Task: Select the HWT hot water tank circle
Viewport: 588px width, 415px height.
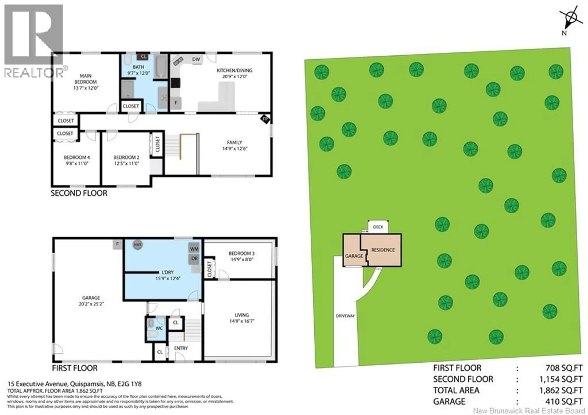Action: [x=138, y=245]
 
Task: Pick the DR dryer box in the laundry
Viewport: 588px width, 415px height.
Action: [x=194, y=259]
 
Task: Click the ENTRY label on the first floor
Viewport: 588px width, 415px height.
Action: [x=181, y=348]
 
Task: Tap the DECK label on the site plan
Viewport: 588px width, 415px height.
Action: [x=378, y=227]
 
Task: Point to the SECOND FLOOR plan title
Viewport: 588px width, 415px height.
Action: [x=79, y=193]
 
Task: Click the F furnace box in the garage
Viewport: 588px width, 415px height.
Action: [x=117, y=244]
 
